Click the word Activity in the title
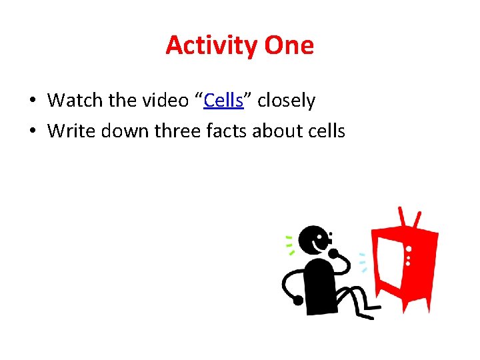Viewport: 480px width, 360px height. pos(212,45)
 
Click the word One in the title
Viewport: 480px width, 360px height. pos(289,45)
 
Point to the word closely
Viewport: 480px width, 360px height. pos(286,101)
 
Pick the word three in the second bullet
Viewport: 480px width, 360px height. pos(178,131)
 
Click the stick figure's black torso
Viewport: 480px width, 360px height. pos(319,284)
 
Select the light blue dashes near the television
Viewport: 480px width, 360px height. pos(363,263)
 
